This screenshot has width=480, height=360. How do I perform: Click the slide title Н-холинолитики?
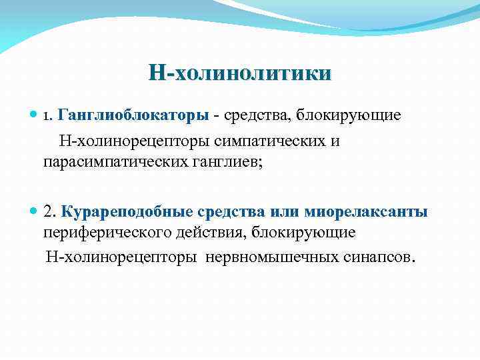[x=239, y=73]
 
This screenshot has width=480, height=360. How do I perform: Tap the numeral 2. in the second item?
[x=49, y=212]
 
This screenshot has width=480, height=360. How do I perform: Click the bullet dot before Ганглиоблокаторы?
[x=35, y=116]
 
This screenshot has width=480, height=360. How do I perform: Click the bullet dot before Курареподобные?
[x=35, y=212]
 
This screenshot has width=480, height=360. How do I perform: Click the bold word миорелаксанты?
[x=366, y=212]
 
